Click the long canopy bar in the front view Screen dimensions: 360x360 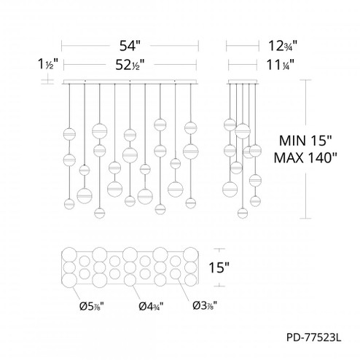coord(130,80)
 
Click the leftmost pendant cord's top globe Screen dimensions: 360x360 coord(70,133)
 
